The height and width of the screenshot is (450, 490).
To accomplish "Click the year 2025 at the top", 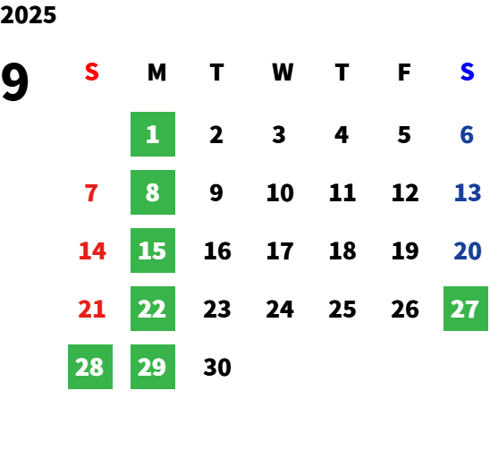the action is (x=28, y=15).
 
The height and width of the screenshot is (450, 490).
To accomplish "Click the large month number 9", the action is (x=14, y=81).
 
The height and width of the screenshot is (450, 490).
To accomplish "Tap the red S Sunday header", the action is (x=92, y=72).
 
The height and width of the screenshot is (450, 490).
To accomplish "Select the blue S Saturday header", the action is (x=467, y=72).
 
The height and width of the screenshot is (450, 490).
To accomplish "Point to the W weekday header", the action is (x=283, y=72).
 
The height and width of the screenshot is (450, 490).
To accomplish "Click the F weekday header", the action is (x=404, y=72).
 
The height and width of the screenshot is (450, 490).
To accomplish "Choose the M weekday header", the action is (x=156, y=72).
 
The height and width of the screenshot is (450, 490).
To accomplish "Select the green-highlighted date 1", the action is (x=153, y=134).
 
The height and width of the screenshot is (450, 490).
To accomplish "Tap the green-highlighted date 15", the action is (x=153, y=250).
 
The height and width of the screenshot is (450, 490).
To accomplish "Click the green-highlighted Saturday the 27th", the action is (x=466, y=309).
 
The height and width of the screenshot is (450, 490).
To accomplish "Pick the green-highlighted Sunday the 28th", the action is (x=90, y=367).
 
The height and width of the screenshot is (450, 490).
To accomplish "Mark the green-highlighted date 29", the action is (x=153, y=367).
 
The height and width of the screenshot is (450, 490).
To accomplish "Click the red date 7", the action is (x=91, y=192).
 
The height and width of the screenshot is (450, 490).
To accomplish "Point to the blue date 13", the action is (x=467, y=192).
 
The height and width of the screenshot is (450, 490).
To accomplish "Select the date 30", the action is (x=217, y=367).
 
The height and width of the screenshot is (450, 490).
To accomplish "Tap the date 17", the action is (x=280, y=250).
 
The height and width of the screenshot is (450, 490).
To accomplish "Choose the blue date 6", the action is (x=467, y=135).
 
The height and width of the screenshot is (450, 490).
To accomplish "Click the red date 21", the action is (x=92, y=309).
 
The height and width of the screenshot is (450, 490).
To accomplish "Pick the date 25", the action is (x=342, y=309).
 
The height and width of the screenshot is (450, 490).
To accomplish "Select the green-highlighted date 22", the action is (x=153, y=309).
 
